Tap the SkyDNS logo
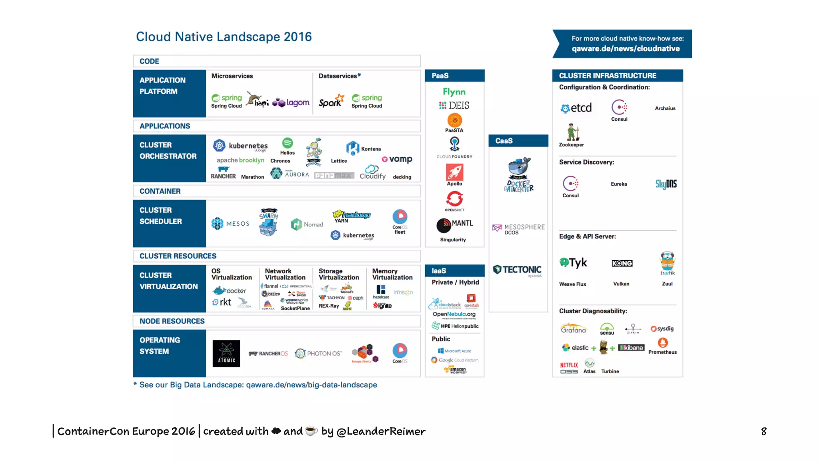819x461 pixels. point(666,184)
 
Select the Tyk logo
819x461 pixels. point(573,263)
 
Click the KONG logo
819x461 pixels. point(622,263)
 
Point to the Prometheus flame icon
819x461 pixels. point(663,343)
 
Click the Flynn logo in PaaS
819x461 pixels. point(454,92)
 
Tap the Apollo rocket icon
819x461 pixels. point(455,172)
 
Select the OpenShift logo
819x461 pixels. point(455,199)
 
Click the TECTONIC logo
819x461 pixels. point(517,270)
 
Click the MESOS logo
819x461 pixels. point(230,224)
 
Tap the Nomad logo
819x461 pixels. point(307,224)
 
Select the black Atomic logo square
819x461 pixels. point(226,353)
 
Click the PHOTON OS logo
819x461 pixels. point(318,353)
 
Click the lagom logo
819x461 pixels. point(291,102)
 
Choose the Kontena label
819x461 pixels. point(371,149)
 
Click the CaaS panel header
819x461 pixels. point(518,141)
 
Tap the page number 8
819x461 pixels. point(764,431)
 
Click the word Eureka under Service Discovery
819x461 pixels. point(619,184)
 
